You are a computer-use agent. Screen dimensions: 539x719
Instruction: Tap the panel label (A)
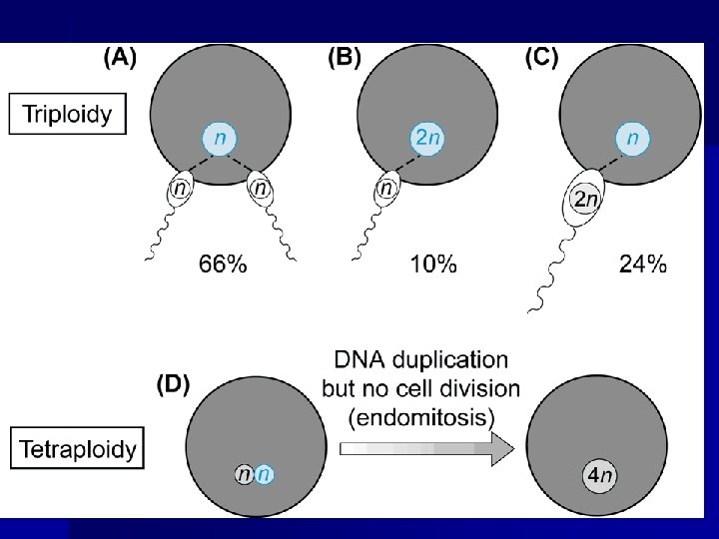(x=121, y=57)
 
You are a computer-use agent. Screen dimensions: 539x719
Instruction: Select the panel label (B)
(x=345, y=57)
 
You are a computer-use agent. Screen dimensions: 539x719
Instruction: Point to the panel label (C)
(x=541, y=57)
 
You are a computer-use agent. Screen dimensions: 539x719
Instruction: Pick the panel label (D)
(x=174, y=385)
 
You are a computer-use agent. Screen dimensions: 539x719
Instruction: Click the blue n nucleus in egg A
(x=221, y=138)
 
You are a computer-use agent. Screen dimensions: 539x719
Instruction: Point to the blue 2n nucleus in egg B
(x=425, y=138)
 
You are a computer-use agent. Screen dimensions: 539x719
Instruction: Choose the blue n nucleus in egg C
(x=631, y=138)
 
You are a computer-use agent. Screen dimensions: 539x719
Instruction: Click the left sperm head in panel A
(x=181, y=187)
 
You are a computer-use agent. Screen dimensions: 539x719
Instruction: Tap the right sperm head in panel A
(x=261, y=187)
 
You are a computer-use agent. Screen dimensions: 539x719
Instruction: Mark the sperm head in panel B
(x=386, y=187)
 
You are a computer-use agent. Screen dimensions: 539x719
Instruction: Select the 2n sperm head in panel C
(x=584, y=201)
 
